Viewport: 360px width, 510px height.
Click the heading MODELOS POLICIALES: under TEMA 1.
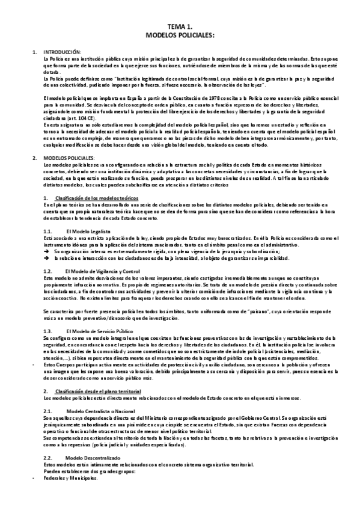pyautogui.click(x=180, y=36)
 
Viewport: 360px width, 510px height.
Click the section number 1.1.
pyautogui.click(x=49, y=231)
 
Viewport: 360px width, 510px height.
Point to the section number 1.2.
pyautogui.click(x=49, y=272)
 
